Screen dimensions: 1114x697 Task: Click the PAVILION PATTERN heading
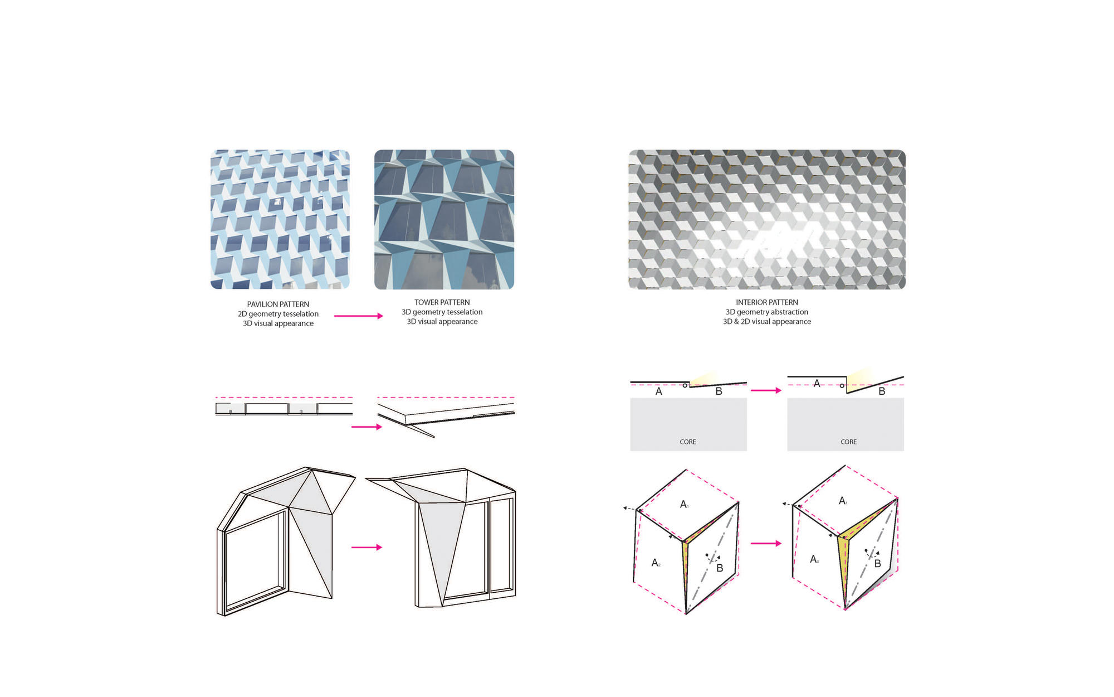(x=278, y=304)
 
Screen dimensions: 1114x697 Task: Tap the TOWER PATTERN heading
(x=442, y=302)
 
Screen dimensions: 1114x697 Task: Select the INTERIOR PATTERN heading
(x=767, y=302)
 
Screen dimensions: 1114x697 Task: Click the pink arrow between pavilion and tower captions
(x=359, y=316)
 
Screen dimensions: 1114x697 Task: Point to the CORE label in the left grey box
(x=688, y=442)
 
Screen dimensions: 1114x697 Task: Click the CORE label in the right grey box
(x=849, y=442)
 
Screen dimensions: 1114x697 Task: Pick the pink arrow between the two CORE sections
(x=766, y=390)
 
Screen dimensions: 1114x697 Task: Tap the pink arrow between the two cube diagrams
(x=766, y=543)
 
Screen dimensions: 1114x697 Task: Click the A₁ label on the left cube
(x=685, y=504)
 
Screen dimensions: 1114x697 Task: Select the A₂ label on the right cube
(x=814, y=559)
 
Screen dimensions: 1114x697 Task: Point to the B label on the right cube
(x=877, y=564)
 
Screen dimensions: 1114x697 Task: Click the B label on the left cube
(x=720, y=568)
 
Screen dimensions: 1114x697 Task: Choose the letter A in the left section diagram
(x=659, y=391)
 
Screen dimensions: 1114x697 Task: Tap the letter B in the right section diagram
(x=882, y=391)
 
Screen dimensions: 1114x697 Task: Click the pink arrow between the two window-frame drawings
(x=367, y=547)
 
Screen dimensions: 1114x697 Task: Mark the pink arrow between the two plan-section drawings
(x=367, y=427)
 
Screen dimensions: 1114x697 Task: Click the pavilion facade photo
(x=280, y=219)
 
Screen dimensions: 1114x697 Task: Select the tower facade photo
(x=444, y=219)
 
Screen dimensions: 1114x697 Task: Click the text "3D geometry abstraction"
(x=767, y=312)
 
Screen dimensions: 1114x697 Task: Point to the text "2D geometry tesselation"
(x=278, y=314)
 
